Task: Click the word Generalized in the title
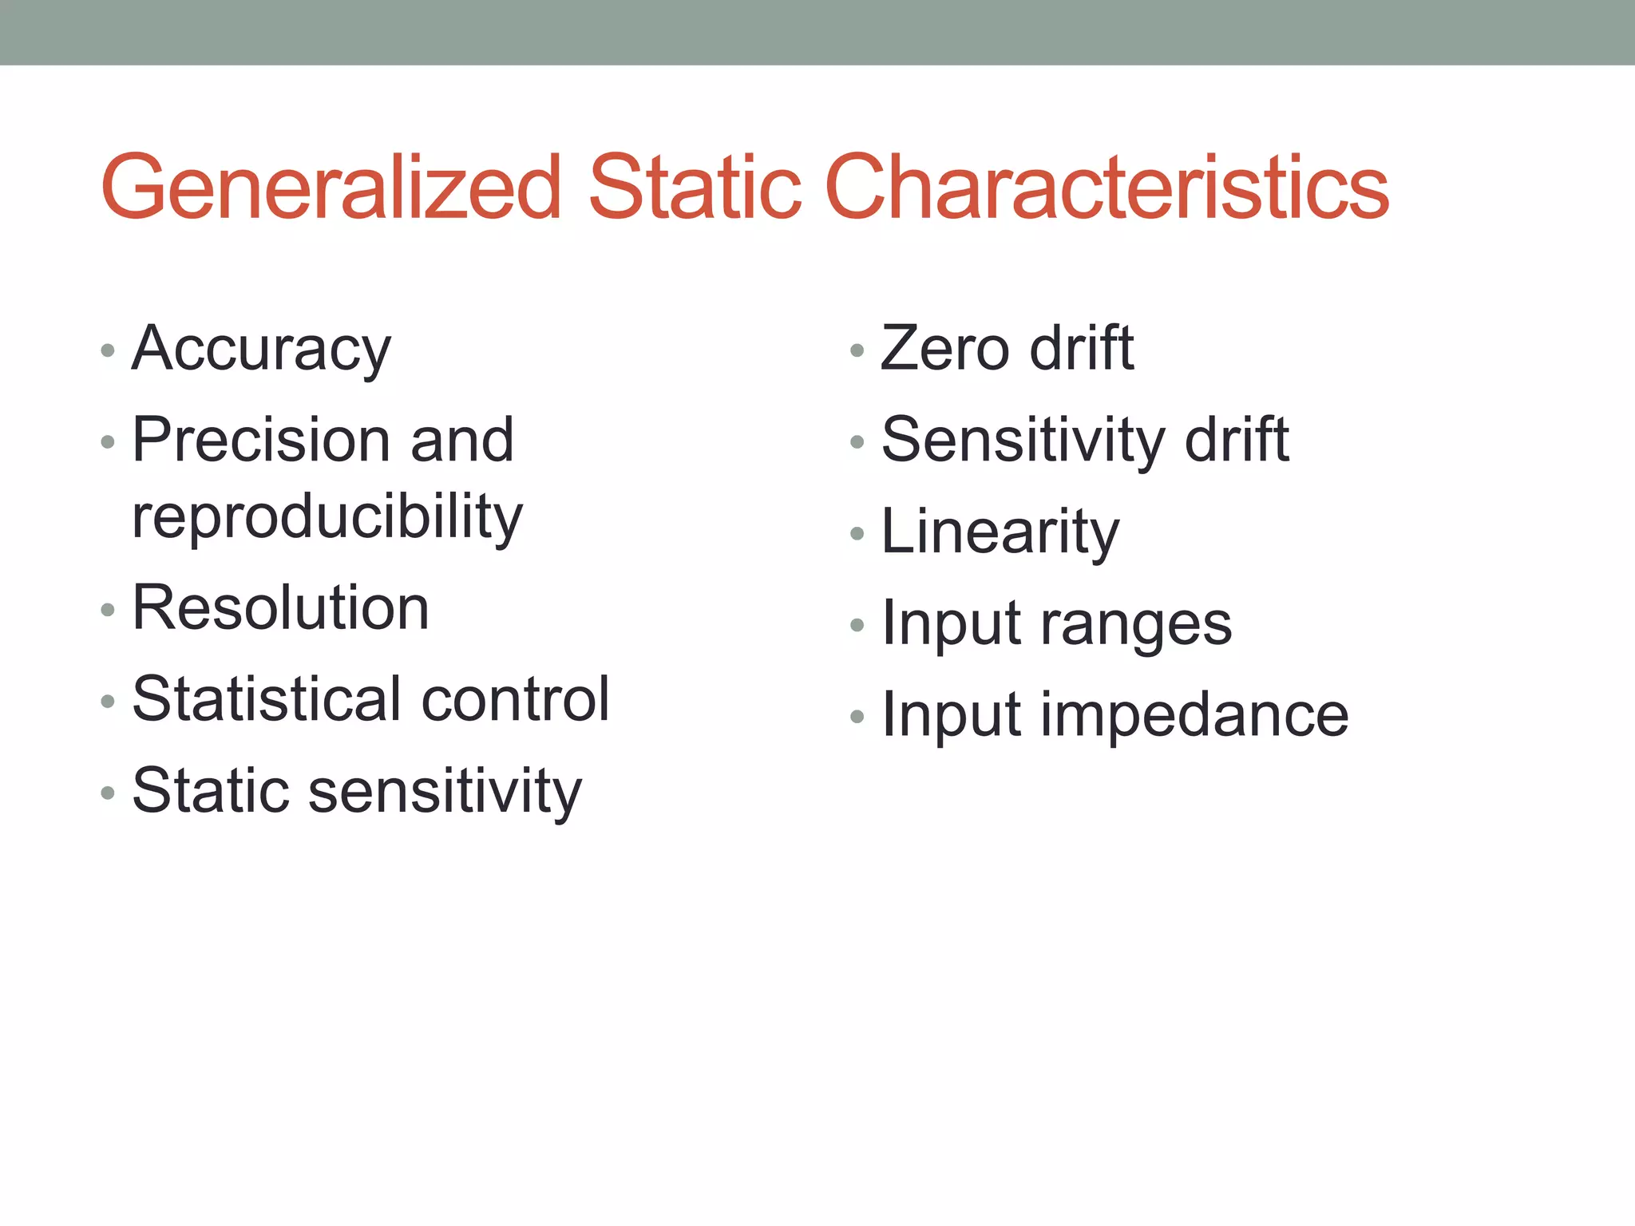tap(331, 188)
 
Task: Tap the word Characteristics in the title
tap(1106, 188)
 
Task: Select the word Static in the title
tap(695, 188)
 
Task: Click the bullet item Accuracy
tap(262, 350)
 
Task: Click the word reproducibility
tap(327, 517)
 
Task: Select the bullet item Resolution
tap(281, 608)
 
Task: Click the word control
tap(515, 700)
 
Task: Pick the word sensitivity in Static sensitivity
tap(445, 792)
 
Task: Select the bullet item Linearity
tap(1000, 532)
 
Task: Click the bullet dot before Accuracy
tap(109, 351)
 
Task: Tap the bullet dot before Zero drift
tap(857, 351)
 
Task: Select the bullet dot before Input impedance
tap(857, 717)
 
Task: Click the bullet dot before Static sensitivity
tap(109, 793)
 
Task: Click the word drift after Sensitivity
tap(1237, 440)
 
